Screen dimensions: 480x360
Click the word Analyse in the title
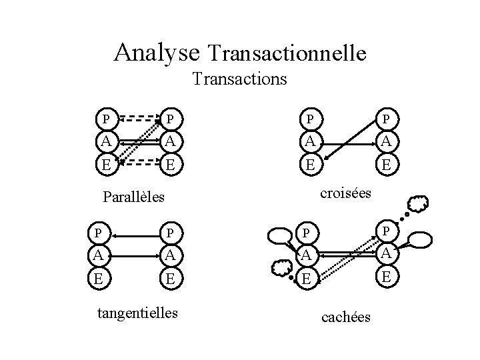(157, 51)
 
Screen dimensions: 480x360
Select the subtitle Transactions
(239, 79)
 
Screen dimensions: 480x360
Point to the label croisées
(345, 193)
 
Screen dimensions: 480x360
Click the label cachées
(346, 317)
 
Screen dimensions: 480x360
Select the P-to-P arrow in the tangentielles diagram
(137, 233)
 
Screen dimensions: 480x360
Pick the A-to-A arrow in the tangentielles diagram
(137, 253)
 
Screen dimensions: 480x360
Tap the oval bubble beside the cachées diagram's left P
(278, 235)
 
